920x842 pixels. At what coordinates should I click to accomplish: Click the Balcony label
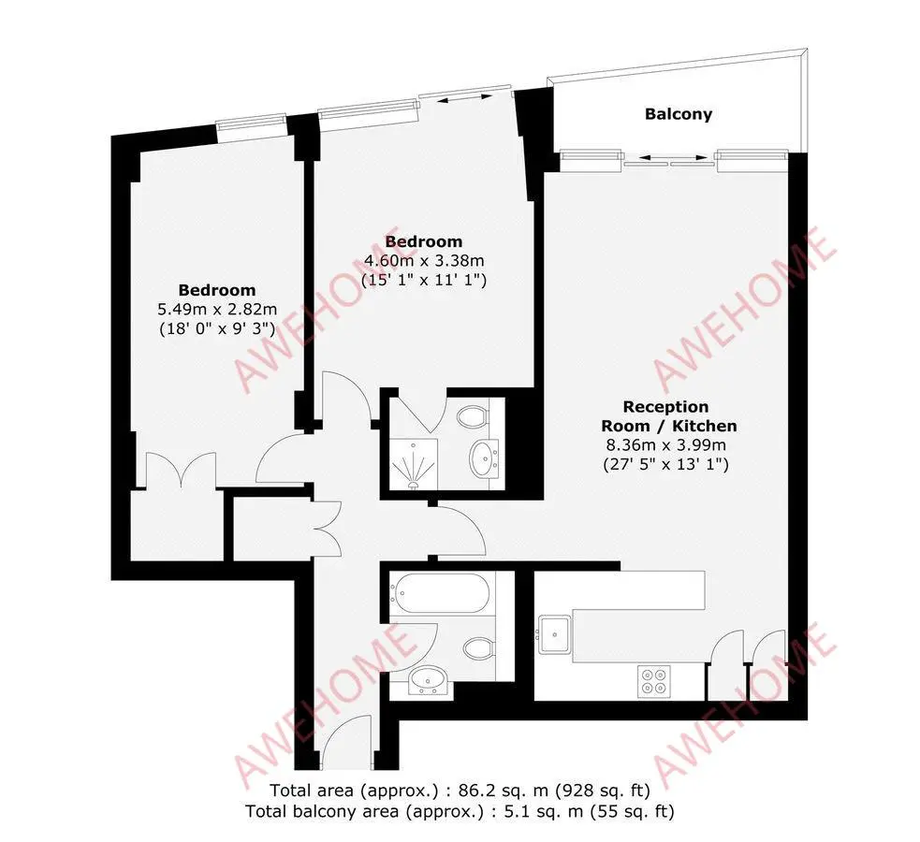(678, 114)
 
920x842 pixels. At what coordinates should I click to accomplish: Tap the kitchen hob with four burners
(652, 680)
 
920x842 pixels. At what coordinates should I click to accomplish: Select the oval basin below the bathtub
(431, 680)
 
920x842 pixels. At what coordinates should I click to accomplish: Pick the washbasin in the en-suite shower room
(486, 457)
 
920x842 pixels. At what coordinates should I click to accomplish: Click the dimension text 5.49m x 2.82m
(217, 309)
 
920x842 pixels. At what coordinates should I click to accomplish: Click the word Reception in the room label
(666, 407)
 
